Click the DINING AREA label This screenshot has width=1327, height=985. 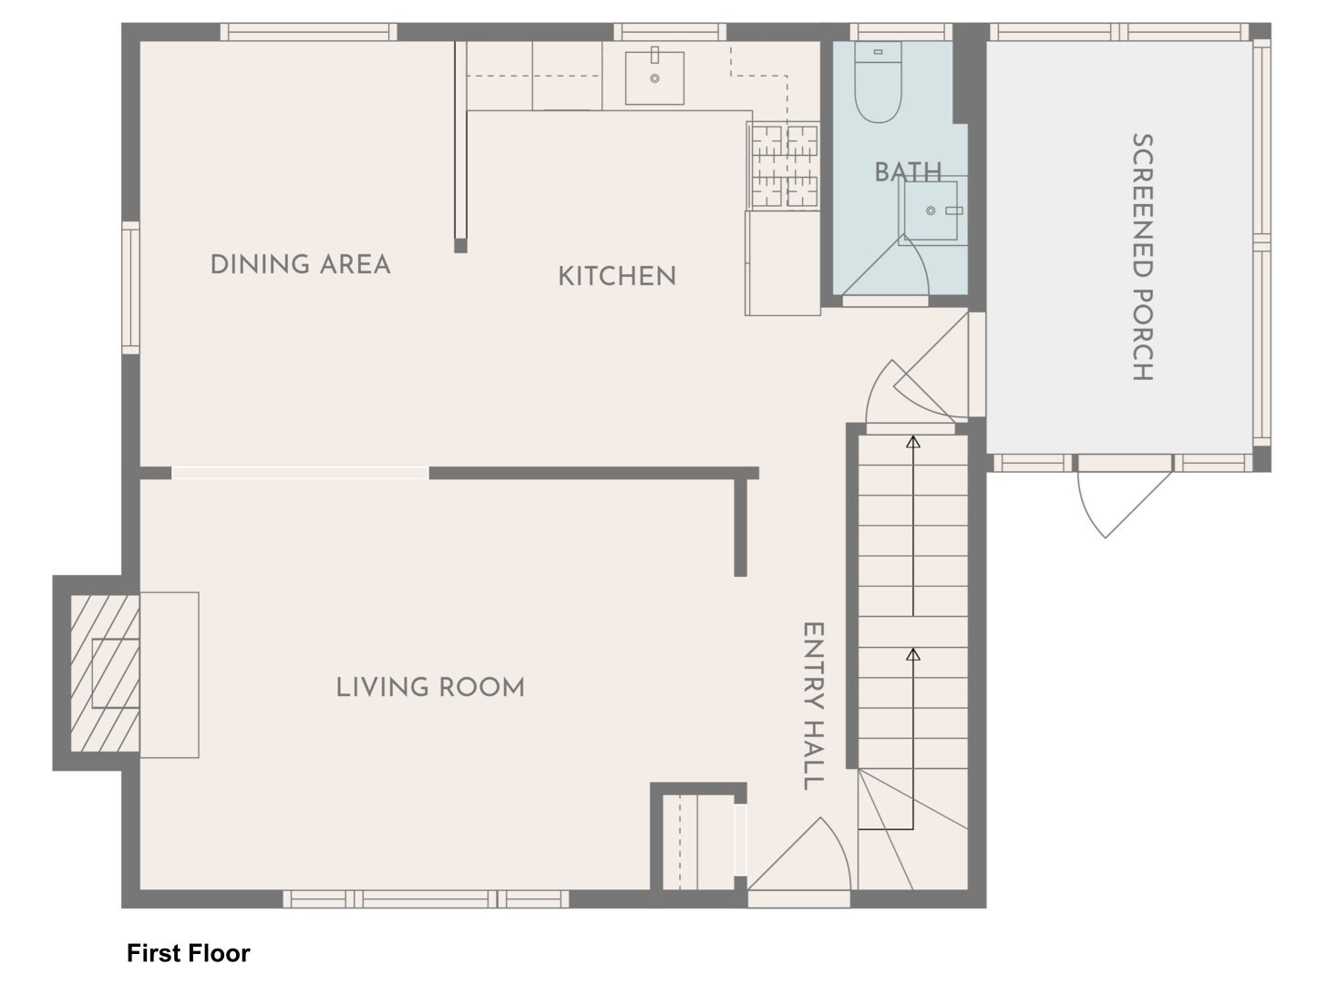300,265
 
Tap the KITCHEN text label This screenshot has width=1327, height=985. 617,276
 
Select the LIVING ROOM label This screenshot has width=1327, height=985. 430,687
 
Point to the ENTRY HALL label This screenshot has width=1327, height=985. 812,706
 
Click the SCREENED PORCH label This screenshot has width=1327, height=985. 1142,257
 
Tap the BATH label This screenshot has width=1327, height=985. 907,171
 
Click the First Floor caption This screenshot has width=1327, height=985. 188,953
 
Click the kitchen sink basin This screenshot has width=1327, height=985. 654,78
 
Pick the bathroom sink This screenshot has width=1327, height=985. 931,210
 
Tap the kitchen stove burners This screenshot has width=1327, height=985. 784,164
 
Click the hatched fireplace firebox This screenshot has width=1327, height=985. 105,673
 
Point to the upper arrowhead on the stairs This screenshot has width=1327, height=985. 913,443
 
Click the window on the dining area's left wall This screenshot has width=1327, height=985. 130,287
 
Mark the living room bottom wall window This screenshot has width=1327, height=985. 426,899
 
